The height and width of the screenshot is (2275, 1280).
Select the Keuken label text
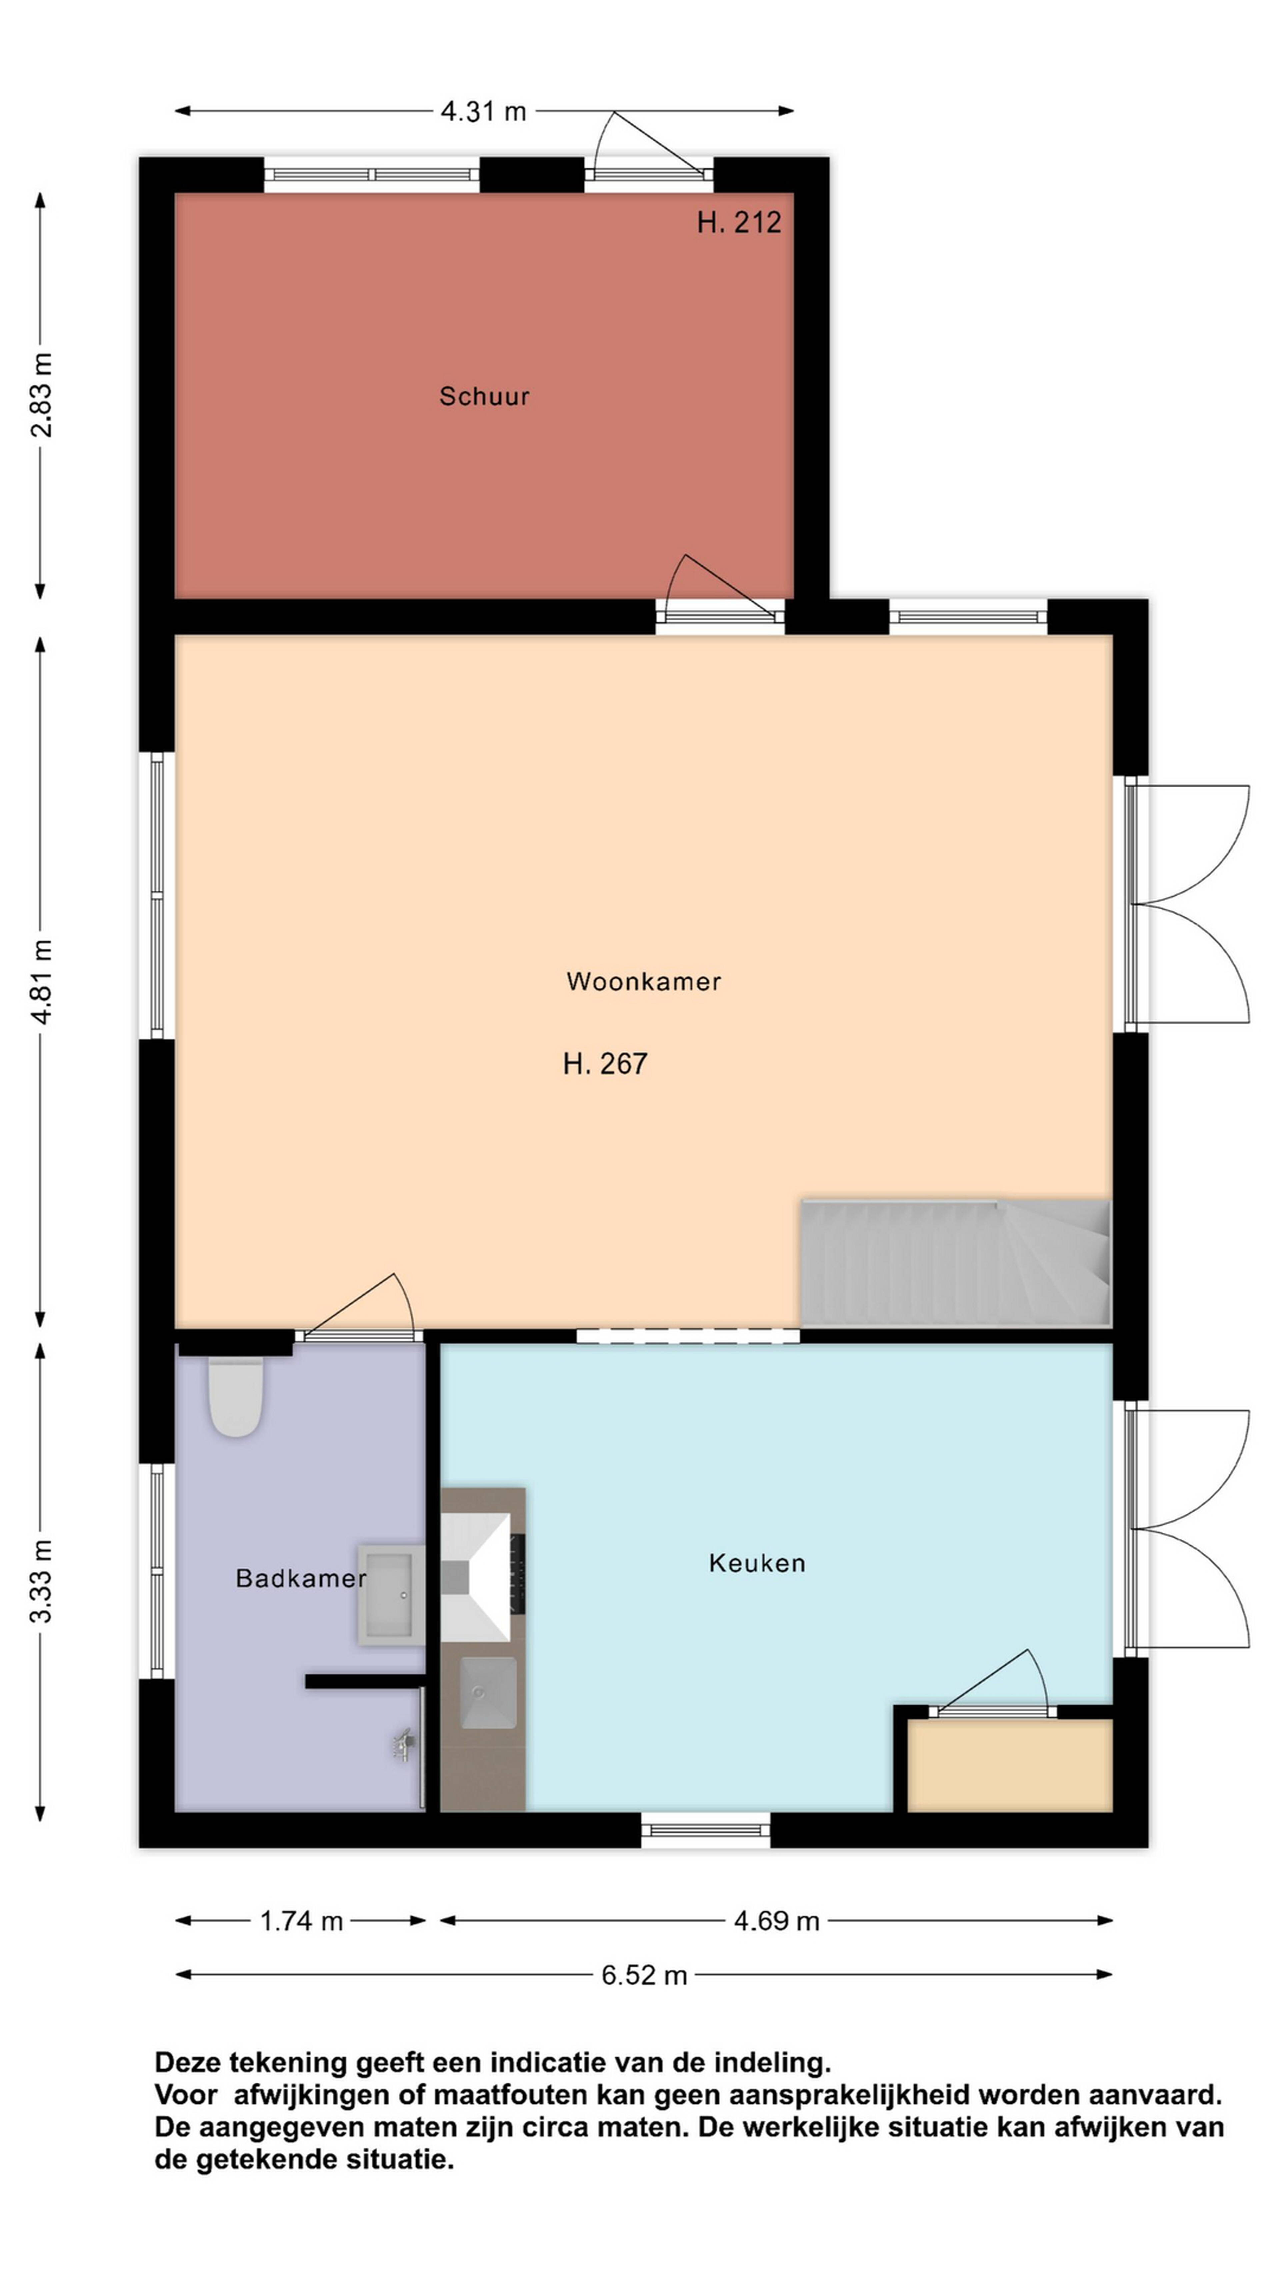(757, 1563)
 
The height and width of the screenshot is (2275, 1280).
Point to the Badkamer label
(300, 1578)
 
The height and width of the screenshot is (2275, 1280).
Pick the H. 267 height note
(605, 1063)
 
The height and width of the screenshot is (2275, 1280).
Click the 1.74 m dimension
(301, 1921)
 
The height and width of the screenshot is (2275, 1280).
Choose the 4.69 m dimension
(776, 1921)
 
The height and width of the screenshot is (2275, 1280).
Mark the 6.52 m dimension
(644, 1975)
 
